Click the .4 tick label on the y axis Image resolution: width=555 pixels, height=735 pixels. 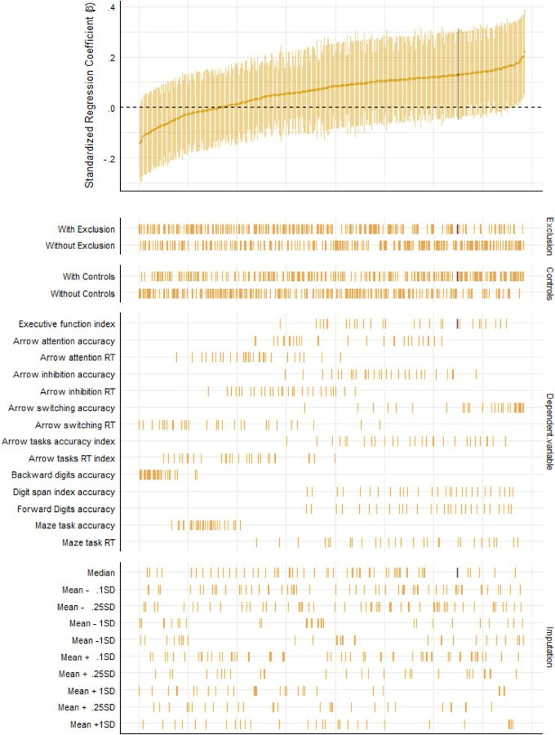click(x=112, y=7)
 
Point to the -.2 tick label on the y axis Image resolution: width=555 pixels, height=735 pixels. click(x=110, y=158)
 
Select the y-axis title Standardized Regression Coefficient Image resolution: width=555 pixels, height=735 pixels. click(x=90, y=97)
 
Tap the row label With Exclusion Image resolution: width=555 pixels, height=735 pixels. click(x=87, y=229)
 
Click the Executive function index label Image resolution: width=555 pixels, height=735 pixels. click(x=67, y=323)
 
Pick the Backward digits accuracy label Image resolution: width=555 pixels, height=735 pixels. click(x=63, y=474)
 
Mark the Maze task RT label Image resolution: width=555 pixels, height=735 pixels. click(x=88, y=542)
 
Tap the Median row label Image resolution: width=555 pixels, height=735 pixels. click(x=101, y=572)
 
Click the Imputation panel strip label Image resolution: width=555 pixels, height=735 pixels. click(x=548, y=646)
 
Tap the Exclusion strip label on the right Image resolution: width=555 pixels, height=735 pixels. click(x=548, y=237)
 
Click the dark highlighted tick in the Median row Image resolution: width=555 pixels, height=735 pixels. click(x=458, y=572)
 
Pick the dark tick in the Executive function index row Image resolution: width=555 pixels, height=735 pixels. click(x=458, y=323)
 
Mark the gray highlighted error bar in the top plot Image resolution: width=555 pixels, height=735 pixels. click(x=458, y=73)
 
